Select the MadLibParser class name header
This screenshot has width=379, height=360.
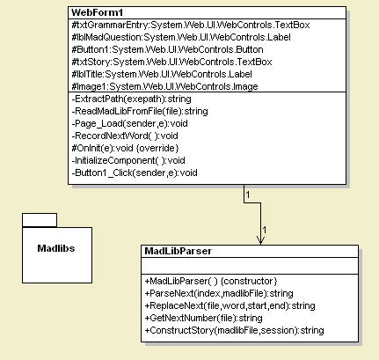click(177, 252)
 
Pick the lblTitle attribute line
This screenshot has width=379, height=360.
click(155, 75)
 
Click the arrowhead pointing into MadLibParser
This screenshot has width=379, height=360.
click(260, 239)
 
